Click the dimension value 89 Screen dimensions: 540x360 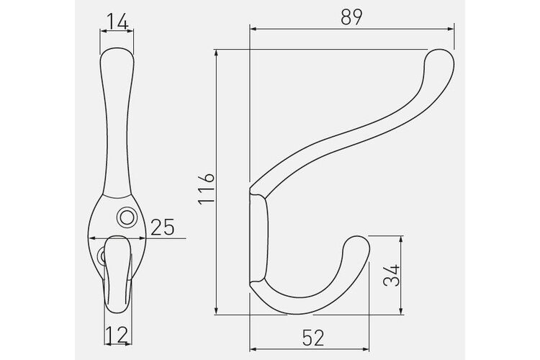(351, 17)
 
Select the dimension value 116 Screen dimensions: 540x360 (207, 189)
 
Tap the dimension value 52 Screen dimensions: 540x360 (313, 338)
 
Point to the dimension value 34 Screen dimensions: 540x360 (392, 275)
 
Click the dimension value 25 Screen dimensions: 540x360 (163, 227)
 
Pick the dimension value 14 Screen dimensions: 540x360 (117, 22)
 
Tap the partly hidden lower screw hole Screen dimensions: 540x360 (102, 256)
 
